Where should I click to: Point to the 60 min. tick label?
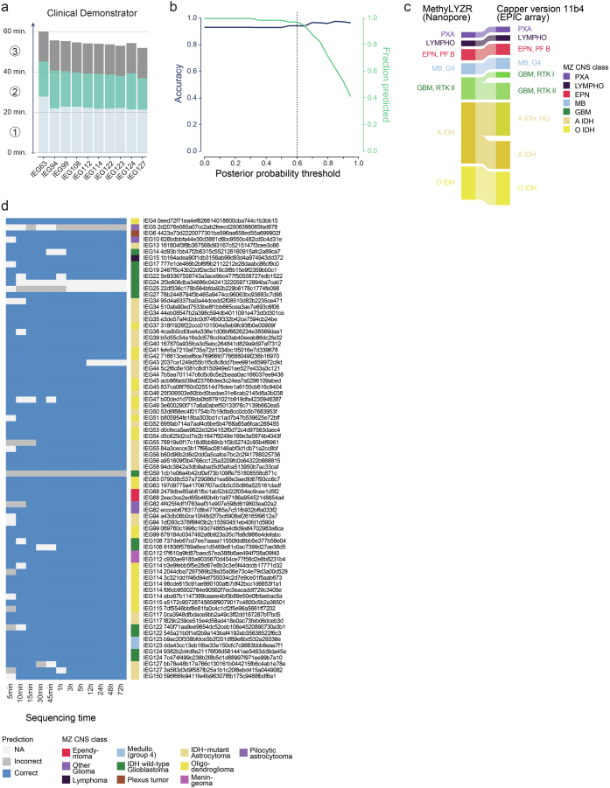[x=18, y=31]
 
